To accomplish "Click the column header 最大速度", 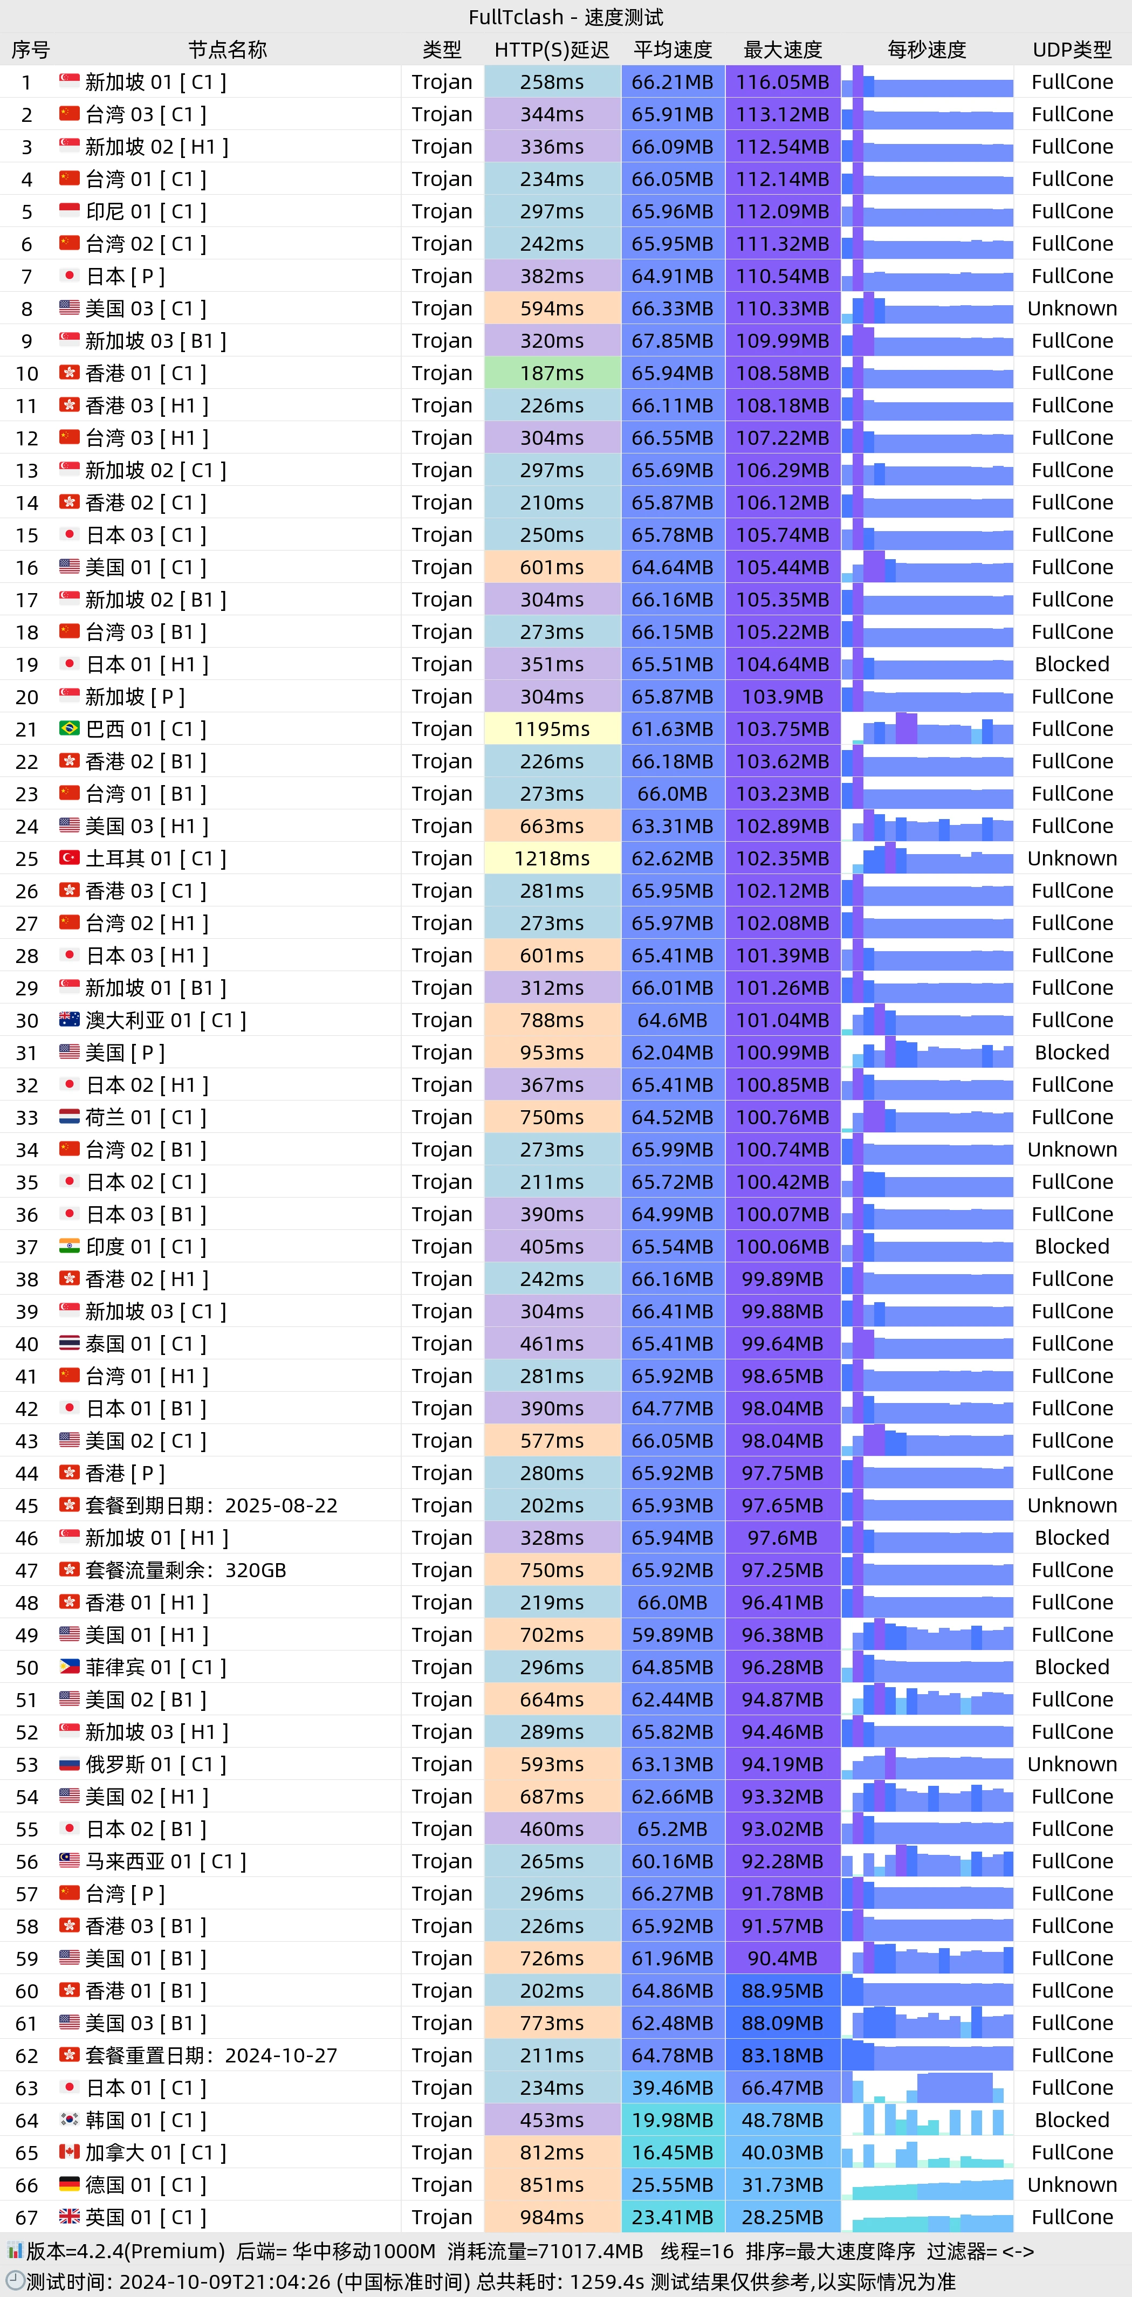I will [x=783, y=50].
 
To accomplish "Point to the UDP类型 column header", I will [x=1072, y=50].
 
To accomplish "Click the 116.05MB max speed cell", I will [x=783, y=82].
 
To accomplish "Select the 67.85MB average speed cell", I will [x=672, y=341].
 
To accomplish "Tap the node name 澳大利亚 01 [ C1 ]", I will [x=165, y=1020].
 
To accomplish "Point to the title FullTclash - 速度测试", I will [x=566, y=17].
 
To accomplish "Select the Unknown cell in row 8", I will [x=1072, y=308].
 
